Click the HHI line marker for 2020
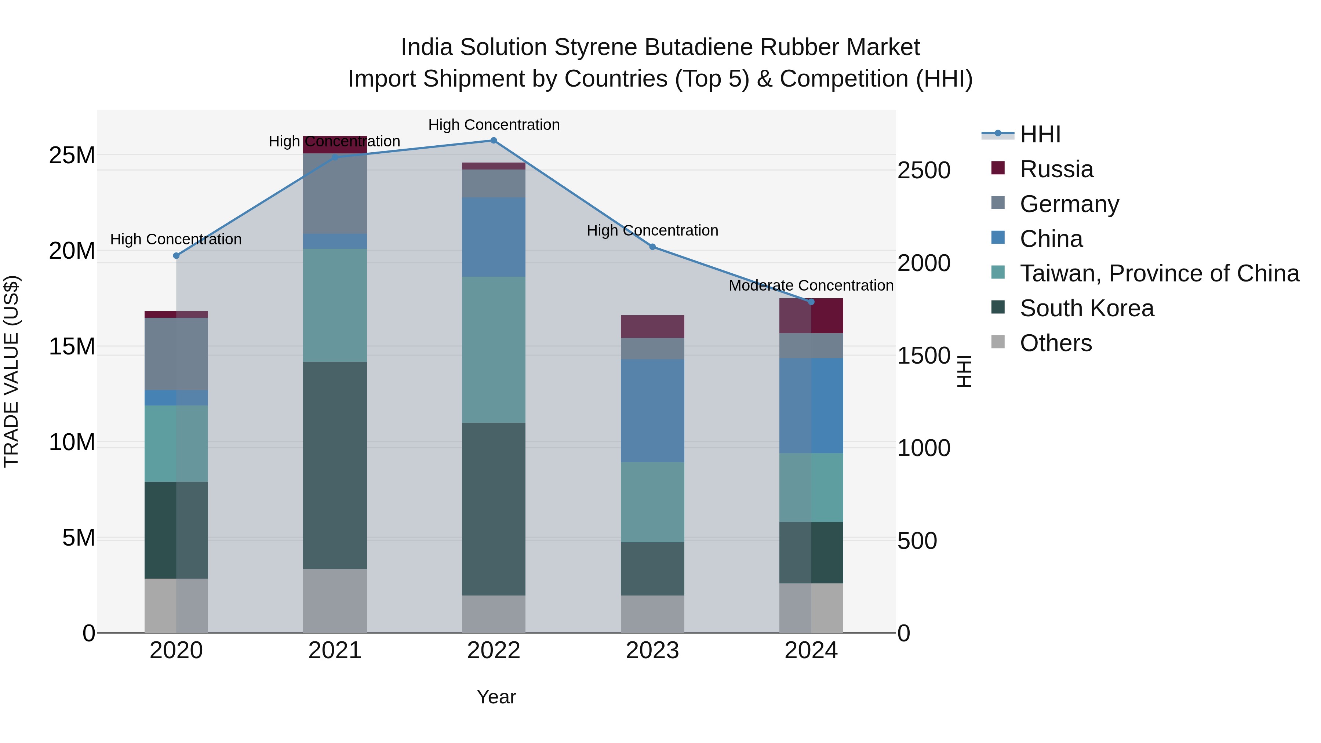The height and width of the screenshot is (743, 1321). (x=177, y=256)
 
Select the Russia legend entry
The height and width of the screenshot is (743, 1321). (x=1056, y=169)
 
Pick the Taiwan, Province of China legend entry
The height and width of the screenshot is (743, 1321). (x=1159, y=273)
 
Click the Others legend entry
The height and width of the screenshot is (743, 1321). (x=1055, y=343)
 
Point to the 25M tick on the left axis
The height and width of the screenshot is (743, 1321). (x=72, y=155)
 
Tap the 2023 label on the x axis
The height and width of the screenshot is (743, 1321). (x=652, y=651)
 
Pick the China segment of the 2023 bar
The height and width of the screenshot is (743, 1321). (x=652, y=410)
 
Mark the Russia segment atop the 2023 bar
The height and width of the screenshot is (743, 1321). (x=652, y=326)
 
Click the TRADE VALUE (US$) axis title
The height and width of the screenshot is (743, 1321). (x=11, y=371)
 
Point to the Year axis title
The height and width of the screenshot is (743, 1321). (x=496, y=697)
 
